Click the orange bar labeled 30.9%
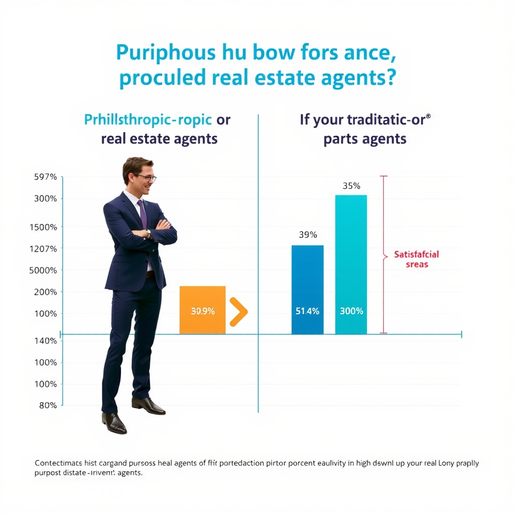(202, 310)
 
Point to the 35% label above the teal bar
(351, 186)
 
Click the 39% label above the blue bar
(307, 234)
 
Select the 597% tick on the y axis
(45, 177)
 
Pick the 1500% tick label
(44, 227)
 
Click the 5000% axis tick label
(44, 270)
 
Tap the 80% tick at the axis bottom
(48, 406)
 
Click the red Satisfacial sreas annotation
(416, 260)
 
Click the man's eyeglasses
(145, 177)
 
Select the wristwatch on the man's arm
(149, 233)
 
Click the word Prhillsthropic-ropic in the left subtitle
(148, 120)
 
